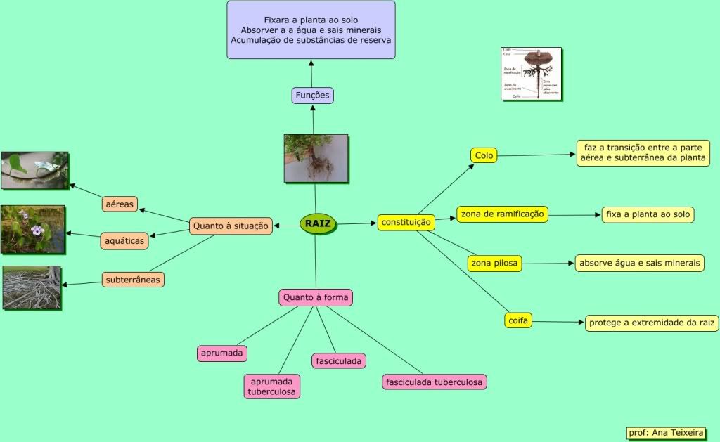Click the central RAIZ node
318,224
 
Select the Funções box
312,96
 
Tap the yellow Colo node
484,155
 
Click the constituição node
406,222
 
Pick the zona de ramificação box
502,214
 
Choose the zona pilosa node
495,264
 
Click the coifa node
517,320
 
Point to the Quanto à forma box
316,297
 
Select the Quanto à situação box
231,226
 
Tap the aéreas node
120,204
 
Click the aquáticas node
124,241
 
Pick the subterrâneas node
133,280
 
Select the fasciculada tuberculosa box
435,382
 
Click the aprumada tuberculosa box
271,386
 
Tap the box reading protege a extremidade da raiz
652,323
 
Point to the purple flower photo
33,229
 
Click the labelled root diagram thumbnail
531,74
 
